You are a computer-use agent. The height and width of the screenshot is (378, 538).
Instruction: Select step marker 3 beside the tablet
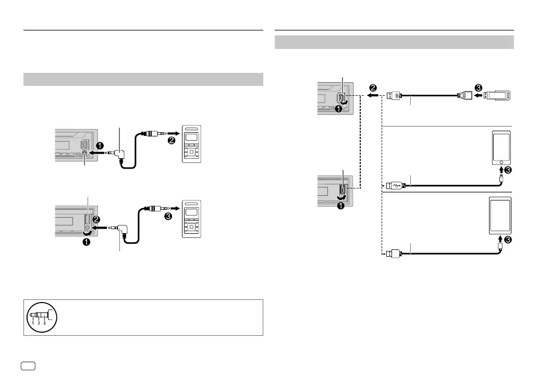[x=508, y=240]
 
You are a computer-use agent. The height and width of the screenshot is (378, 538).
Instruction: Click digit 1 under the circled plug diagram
[x=32, y=324]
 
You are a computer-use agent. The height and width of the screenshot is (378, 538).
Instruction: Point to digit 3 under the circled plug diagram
[x=44, y=324]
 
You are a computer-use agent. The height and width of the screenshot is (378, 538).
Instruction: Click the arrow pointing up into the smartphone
[x=501, y=170]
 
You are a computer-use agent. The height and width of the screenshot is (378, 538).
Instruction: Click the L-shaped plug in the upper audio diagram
[x=119, y=154]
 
